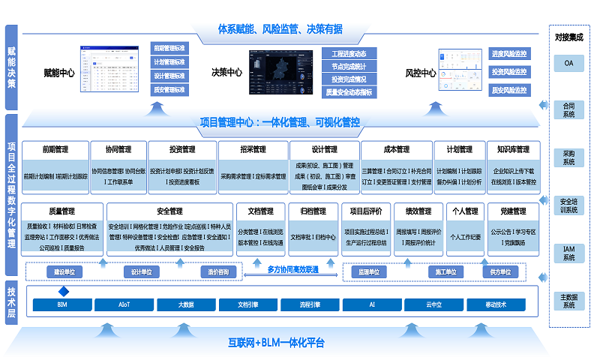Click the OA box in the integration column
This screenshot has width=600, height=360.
click(x=568, y=64)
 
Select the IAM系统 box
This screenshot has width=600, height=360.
click(x=568, y=253)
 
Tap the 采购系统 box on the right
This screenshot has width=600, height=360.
click(x=568, y=157)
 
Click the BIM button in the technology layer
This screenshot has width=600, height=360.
click(x=62, y=305)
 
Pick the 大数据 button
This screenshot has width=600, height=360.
click(x=186, y=305)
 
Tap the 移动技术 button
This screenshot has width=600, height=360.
click(x=496, y=305)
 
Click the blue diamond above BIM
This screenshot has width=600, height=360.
click(x=64, y=291)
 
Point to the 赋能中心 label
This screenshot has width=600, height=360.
click(x=59, y=73)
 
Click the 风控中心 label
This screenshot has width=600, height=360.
click(x=421, y=73)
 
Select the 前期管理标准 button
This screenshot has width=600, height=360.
click(x=169, y=48)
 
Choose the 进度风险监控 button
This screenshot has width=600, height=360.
click(x=509, y=54)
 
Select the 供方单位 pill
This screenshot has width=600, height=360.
click(x=500, y=271)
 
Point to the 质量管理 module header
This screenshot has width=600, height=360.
click(x=61, y=211)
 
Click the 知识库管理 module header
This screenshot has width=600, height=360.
click(x=512, y=149)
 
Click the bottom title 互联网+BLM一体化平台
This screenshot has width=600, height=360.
click(x=277, y=343)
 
